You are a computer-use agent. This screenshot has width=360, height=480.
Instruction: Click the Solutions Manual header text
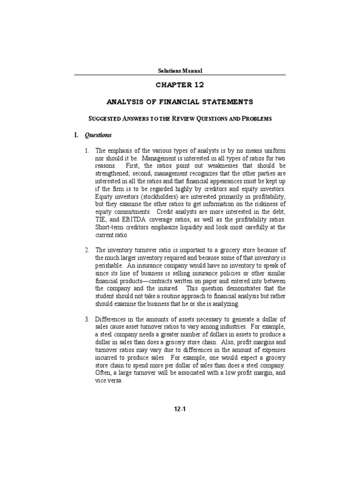180,71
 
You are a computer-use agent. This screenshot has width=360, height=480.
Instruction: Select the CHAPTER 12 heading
180,85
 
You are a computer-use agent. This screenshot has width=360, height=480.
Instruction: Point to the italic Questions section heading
98,135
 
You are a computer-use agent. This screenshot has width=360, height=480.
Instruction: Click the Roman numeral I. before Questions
77,135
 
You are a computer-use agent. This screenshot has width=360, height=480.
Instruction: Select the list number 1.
87,151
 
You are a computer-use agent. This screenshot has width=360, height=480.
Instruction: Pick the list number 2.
87,250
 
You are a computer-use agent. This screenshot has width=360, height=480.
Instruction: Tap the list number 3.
87,320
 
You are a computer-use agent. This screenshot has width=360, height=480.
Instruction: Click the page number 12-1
180,409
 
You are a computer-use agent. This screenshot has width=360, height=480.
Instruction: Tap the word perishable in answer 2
110,265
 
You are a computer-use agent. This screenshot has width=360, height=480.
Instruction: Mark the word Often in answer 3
103,373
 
